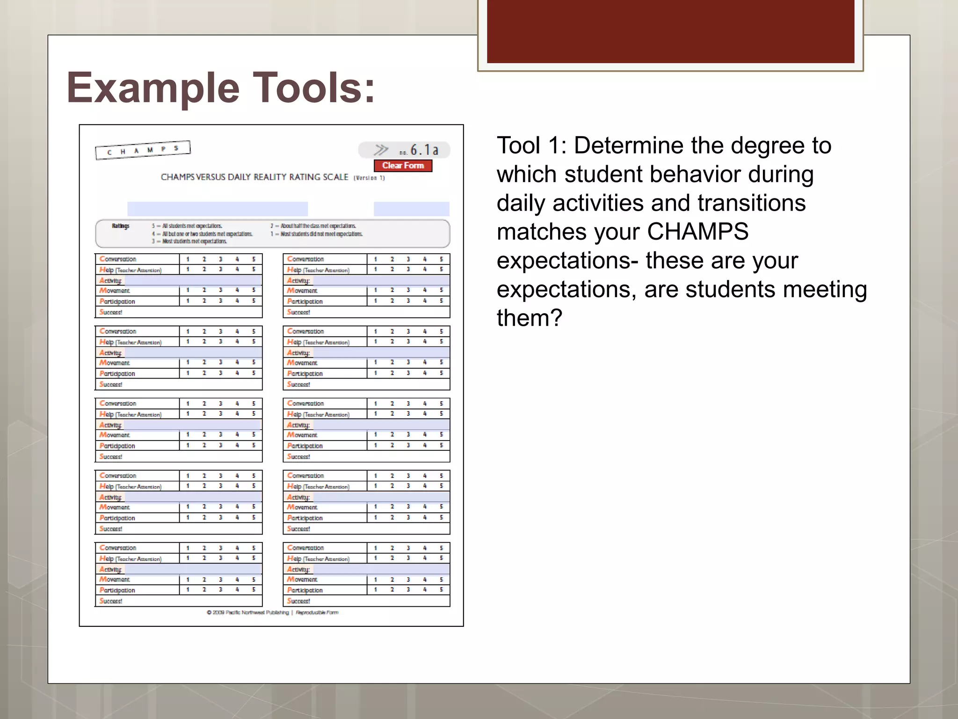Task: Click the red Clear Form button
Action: pyautogui.click(x=403, y=166)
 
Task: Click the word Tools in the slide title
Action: pyautogui.click(x=313, y=88)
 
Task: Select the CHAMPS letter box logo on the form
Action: pyautogui.click(x=143, y=150)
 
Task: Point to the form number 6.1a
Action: pyautogui.click(x=424, y=150)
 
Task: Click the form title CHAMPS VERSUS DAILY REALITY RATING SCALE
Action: pyautogui.click(x=254, y=177)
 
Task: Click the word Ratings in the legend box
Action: pyautogui.click(x=120, y=226)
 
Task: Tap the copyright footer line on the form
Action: pyautogui.click(x=272, y=612)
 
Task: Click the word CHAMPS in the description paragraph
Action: pyautogui.click(x=697, y=232)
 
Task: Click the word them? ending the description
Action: pyautogui.click(x=529, y=318)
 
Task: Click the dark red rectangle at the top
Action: pyautogui.click(x=670, y=31)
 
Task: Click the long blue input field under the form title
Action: pyautogui.click(x=218, y=209)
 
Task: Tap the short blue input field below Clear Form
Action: pyautogui.click(x=411, y=209)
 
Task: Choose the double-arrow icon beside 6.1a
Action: pyautogui.click(x=381, y=150)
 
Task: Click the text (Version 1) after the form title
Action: pyautogui.click(x=369, y=178)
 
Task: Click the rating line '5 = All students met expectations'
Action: pyautogui.click(x=187, y=226)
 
